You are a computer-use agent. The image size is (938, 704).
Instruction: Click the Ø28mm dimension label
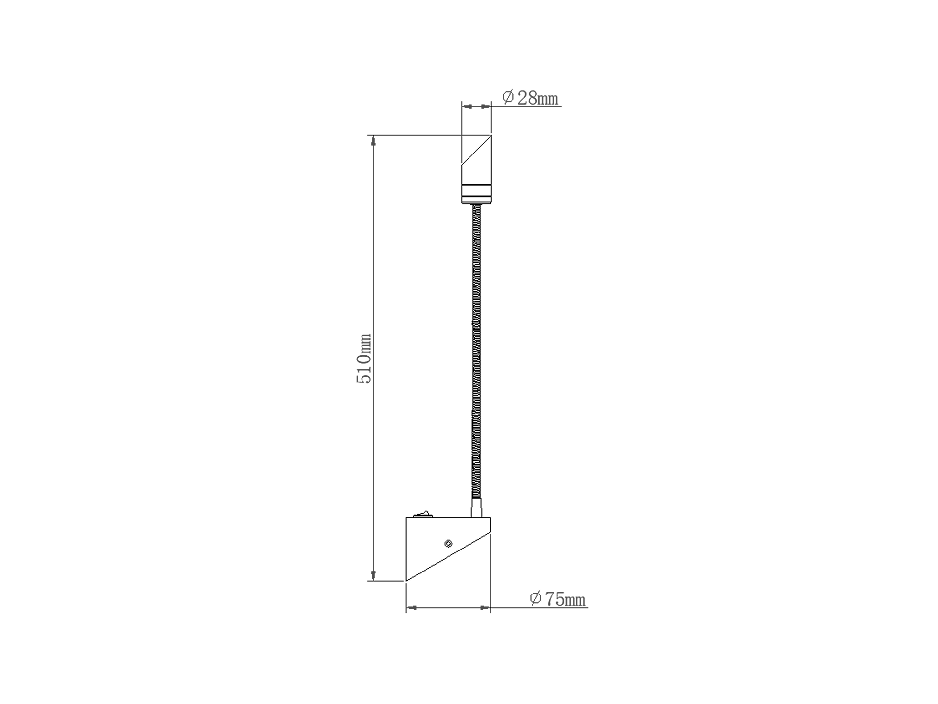(x=530, y=98)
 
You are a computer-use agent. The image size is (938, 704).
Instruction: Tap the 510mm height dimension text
(x=364, y=358)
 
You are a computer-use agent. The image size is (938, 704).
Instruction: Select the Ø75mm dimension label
(x=557, y=599)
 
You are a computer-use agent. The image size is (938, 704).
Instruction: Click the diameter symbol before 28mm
(x=508, y=98)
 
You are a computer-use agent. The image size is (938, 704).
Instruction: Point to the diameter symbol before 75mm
(x=535, y=599)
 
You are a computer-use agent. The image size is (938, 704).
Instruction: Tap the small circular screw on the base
(x=448, y=544)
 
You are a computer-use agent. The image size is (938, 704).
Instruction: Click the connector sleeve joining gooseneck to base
(x=476, y=508)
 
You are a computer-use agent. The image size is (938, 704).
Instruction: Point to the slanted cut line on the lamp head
(x=476, y=150)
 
